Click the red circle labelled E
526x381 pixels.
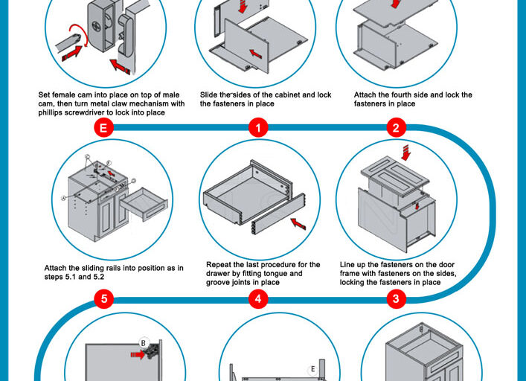104,128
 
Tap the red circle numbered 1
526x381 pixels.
257,128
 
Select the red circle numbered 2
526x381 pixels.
395,128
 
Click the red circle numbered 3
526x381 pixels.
395,299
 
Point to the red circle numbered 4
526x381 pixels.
257,299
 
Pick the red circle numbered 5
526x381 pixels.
104,299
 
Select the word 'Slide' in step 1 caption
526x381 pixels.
211,95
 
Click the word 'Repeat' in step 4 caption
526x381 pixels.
220,264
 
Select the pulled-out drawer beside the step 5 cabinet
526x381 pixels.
144,203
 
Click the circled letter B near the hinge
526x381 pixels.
144,343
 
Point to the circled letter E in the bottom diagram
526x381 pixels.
314,369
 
